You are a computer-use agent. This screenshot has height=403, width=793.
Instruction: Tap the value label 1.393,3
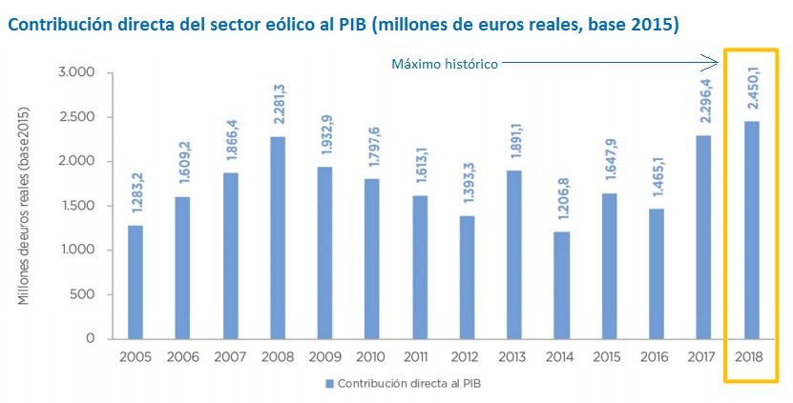coord(467,186)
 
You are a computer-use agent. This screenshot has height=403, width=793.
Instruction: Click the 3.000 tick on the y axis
coord(75,72)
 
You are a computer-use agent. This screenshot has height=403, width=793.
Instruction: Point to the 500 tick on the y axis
coord(83,294)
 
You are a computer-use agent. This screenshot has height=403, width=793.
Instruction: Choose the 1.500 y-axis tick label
coord(75,206)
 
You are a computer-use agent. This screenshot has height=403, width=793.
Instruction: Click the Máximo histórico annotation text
coord(445,64)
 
